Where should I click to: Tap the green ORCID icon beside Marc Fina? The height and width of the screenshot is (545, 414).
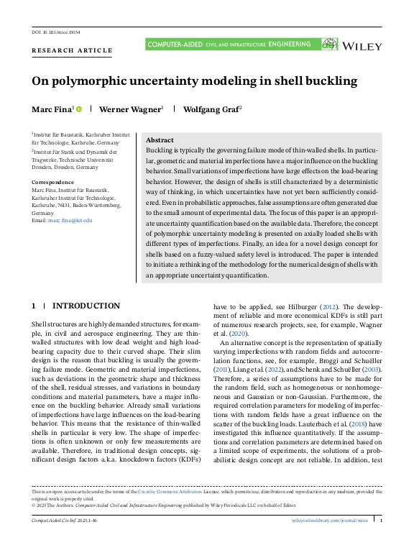[x=79, y=109]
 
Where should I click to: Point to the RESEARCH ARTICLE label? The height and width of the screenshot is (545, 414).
[x=72, y=50]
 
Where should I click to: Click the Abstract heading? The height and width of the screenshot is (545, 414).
[x=160, y=140]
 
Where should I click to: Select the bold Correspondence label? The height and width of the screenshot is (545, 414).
[x=52, y=183]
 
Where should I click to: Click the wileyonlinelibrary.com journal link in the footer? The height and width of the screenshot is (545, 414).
[x=333, y=519]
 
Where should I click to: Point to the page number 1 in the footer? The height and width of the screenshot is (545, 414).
[x=381, y=519]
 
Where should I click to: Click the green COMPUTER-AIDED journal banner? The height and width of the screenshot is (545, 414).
[x=230, y=45]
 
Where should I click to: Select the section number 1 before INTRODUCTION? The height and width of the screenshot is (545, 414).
[x=33, y=306]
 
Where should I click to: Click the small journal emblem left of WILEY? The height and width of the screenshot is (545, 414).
[x=329, y=45]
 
